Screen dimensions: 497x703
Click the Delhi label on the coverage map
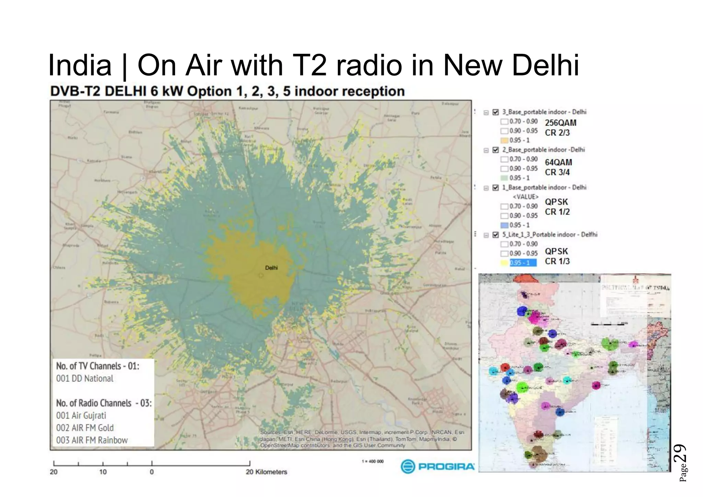pos(271,268)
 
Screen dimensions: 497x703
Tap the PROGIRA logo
pos(438,466)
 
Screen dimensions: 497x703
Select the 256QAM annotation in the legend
pos(561,123)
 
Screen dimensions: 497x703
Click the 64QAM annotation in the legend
pos(558,162)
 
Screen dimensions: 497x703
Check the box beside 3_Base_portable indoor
pos(495,112)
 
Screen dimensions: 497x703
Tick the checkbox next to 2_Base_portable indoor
pos(495,150)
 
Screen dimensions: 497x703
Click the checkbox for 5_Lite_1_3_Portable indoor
pos(495,235)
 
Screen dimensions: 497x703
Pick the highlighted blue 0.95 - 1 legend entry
pos(523,263)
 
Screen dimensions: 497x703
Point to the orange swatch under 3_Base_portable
pos(504,140)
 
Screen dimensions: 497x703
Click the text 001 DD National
pos(85,378)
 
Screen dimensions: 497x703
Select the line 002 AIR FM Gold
pos(85,428)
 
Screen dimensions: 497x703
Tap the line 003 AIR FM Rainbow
pos(92,440)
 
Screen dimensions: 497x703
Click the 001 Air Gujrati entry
pos(81,415)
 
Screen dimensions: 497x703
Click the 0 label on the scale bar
pos(152,472)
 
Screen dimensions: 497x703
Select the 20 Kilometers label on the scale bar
pos(266,472)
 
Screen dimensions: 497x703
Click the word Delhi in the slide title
pos(545,65)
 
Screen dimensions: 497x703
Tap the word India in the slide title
pos(80,65)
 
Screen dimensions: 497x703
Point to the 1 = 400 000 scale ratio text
pos(373,461)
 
